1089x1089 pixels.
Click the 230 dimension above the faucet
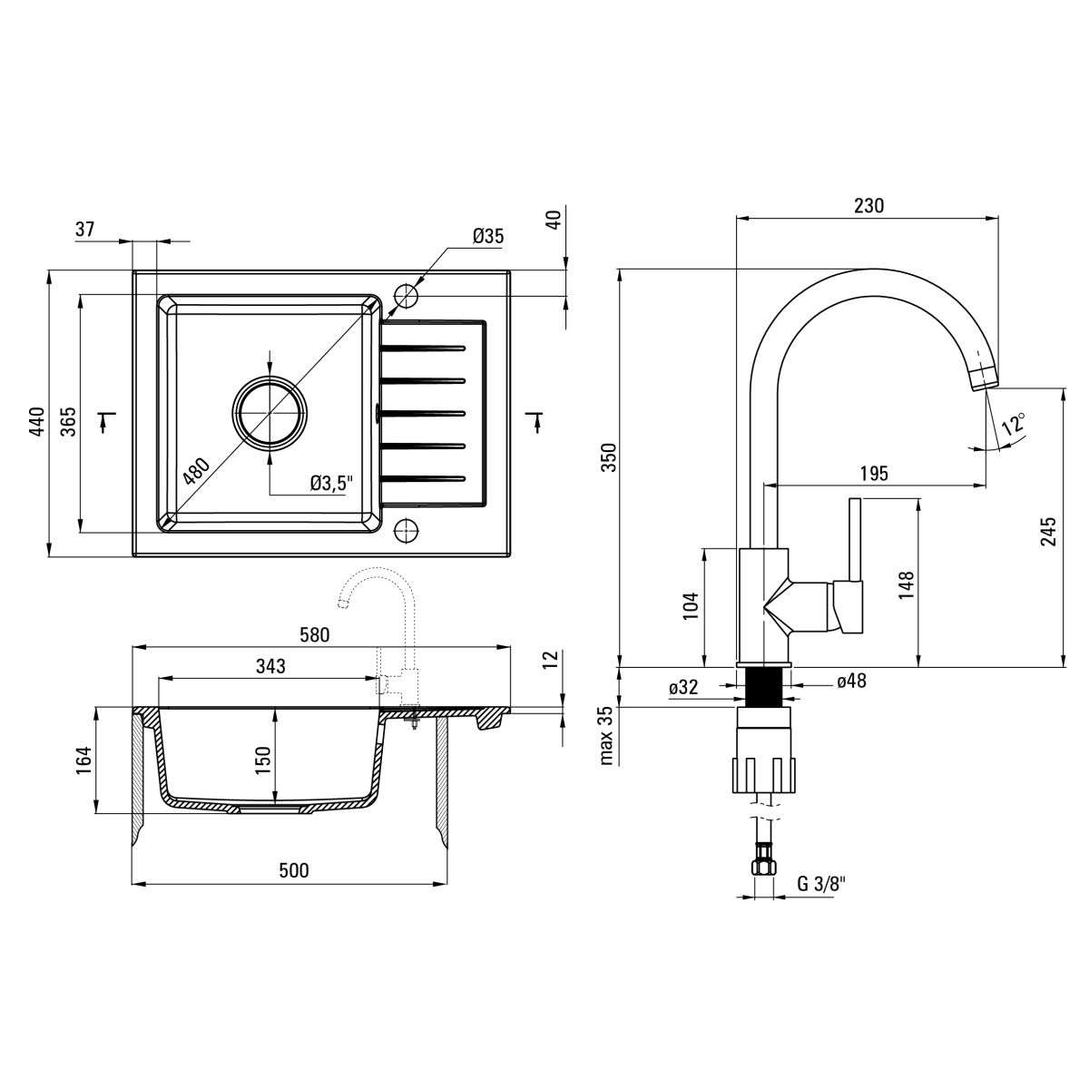pos(868,206)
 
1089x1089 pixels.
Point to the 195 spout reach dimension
pos(873,474)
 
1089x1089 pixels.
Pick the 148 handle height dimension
pos(907,586)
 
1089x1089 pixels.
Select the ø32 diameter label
pos(683,688)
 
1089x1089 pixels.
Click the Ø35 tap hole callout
pos(488,238)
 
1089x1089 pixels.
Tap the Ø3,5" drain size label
pos(329,484)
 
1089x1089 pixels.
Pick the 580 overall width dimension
pos(315,634)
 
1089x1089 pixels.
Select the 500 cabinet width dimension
pos(293,870)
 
